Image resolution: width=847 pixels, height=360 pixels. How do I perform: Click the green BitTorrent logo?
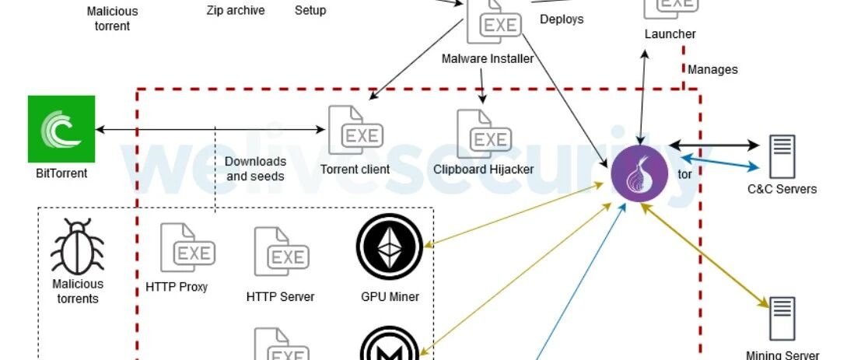(61, 129)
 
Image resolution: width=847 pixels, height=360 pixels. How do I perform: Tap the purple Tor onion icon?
(639, 174)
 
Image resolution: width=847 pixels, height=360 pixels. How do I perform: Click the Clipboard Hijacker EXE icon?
(484, 134)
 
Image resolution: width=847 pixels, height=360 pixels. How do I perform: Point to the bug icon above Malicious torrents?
(77, 246)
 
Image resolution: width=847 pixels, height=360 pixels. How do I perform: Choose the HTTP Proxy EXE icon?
(187, 248)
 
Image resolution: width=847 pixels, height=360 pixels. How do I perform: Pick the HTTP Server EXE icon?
(282, 251)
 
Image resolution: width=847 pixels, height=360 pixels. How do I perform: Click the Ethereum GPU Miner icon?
(390, 246)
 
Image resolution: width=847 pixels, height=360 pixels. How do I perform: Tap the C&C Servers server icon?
(782, 156)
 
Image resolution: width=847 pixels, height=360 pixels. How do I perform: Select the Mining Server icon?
(782, 319)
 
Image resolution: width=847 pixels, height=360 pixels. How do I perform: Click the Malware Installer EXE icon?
(494, 22)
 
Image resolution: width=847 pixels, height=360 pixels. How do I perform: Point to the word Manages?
(712, 70)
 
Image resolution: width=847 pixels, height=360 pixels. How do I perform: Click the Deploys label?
(562, 19)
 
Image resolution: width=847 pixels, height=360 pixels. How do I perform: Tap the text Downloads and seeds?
(256, 169)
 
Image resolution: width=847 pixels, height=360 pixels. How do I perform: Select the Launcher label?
(670, 34)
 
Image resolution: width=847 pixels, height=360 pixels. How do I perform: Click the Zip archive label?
(236, 11)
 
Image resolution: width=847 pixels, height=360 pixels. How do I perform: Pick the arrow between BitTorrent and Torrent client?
(210, 130)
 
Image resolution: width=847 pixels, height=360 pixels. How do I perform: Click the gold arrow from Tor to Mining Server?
(705, 256)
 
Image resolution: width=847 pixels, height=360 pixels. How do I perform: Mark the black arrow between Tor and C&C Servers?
(714, 145)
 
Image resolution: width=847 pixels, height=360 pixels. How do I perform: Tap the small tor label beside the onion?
(684, 174)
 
